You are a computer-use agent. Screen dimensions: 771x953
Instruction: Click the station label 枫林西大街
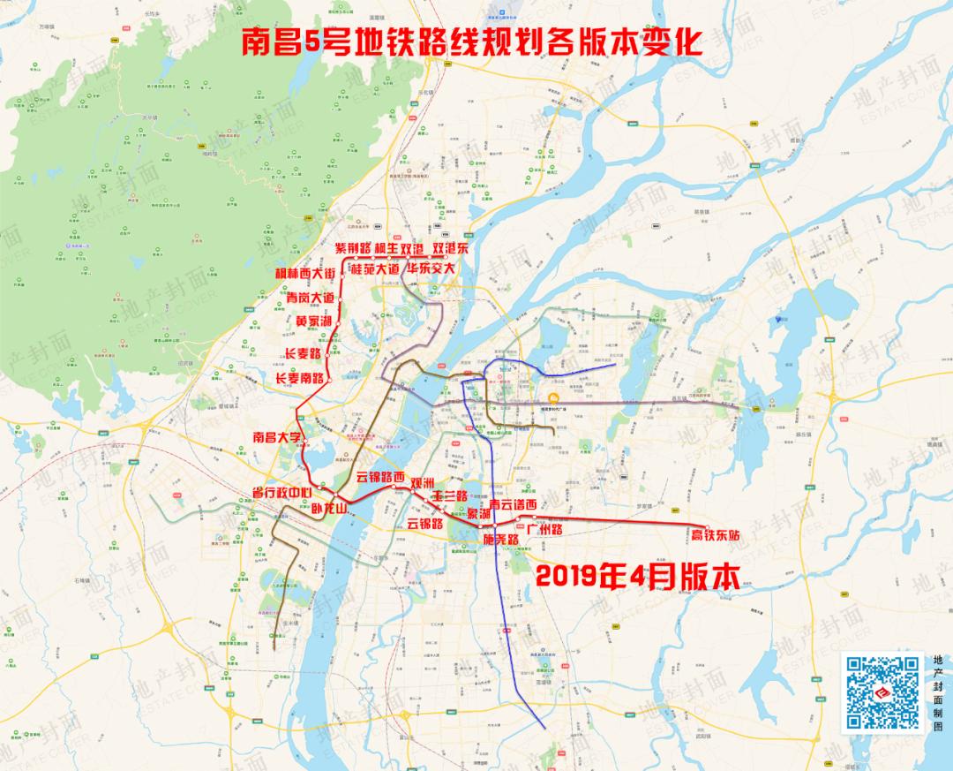coord(305,273)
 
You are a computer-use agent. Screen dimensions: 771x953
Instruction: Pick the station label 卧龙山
coord(330,508)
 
